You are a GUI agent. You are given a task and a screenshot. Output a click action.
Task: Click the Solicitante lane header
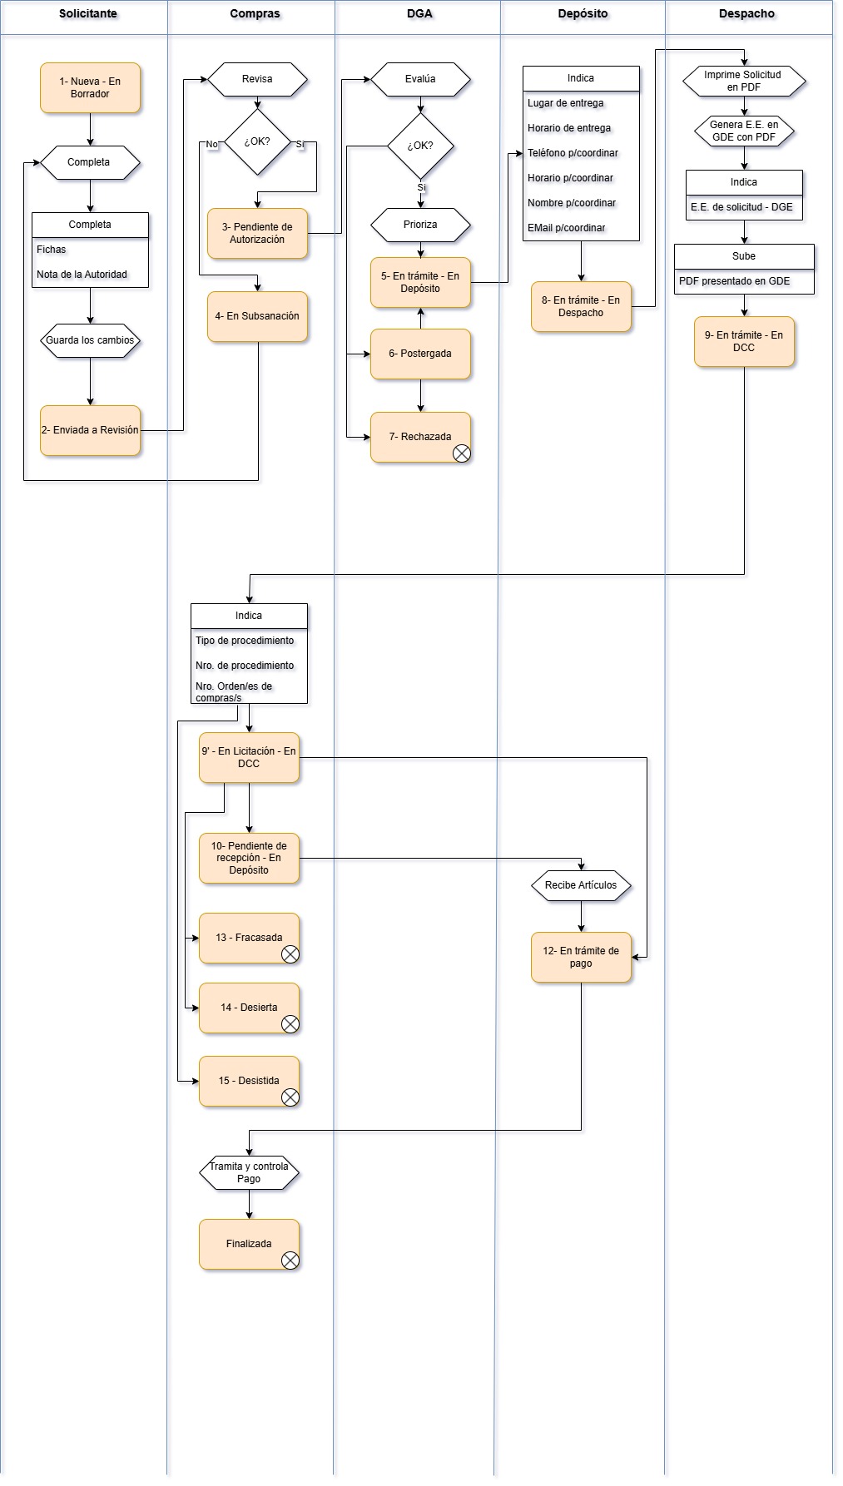tap(87, 14)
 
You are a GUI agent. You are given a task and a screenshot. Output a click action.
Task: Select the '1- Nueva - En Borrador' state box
tap(90, 88)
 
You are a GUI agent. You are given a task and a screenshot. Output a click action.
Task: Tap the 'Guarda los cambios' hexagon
tap(90, 340)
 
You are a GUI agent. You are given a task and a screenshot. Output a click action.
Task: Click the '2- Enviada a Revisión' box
tap(90, 430)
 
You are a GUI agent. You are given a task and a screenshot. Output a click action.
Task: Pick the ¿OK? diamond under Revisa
tap(257, 142)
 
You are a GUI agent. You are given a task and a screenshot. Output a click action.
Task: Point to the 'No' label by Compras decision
tap(211, 144)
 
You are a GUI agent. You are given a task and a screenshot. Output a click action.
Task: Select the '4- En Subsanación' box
tap(257, 316)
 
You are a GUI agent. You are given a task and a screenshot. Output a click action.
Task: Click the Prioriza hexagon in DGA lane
tap(420, 225)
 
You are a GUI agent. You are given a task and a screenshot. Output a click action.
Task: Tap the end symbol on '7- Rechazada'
tap(461, 453)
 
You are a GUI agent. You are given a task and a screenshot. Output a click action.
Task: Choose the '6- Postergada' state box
tap(420, 354)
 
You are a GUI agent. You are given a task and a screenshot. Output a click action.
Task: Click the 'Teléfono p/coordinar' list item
tap(573, 153)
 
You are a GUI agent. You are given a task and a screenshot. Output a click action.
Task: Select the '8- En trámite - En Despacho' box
tap(581, 307)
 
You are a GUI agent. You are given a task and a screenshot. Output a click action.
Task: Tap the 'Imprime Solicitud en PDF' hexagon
tap(743, 81)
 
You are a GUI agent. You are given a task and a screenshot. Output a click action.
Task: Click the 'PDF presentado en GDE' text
tap(734, 281)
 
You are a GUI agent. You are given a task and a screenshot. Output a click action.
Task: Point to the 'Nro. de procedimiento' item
tap(245, 666)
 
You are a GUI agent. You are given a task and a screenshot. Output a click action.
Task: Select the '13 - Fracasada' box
tap(249, 938)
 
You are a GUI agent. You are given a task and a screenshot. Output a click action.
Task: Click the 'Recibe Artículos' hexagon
tap(581, 885)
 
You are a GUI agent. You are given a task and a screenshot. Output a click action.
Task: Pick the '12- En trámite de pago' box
tap(581, 957)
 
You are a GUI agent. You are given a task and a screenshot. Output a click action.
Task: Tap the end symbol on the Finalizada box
tap(290, 1260)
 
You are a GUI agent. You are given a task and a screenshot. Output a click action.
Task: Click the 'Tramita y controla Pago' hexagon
tap(249, 1172)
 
